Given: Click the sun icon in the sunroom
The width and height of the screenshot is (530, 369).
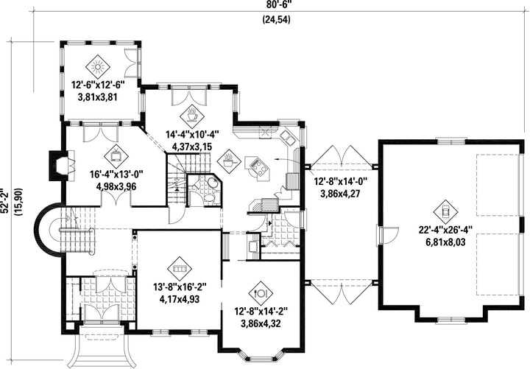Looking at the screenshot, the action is point(98,67).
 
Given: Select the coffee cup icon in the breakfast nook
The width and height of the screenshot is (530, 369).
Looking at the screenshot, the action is point(191,115).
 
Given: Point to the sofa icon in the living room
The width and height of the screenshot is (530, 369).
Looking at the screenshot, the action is point(179,269).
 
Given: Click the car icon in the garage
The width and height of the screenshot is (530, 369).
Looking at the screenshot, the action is point(445,212).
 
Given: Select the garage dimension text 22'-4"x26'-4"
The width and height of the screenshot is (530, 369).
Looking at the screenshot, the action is point(445,231).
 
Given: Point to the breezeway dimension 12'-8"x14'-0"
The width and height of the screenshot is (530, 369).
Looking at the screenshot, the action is point(341,182).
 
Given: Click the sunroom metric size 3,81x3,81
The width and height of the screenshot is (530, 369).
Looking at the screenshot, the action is point(97,97).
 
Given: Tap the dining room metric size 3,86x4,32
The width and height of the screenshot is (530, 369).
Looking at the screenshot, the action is point(261,323).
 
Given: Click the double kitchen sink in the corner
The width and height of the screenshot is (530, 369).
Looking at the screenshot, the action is point(288,137).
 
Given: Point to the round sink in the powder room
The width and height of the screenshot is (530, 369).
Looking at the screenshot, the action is point(213,183).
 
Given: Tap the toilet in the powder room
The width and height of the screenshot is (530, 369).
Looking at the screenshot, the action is point(196,184).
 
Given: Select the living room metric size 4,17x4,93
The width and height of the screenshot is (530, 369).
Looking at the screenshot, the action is point(179,299).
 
